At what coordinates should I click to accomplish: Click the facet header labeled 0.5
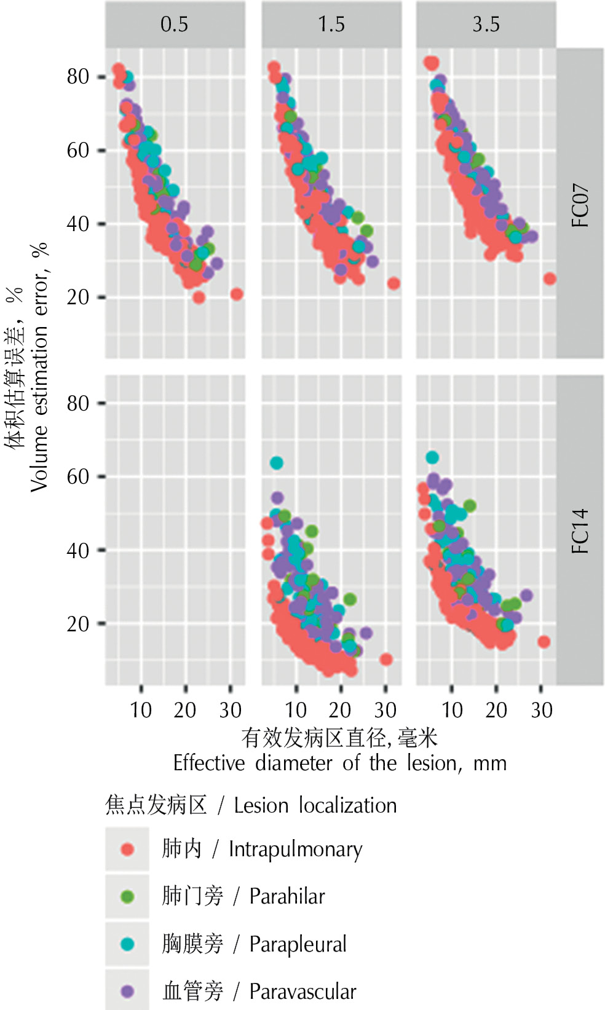point(175,25)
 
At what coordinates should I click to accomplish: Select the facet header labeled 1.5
point(331,25)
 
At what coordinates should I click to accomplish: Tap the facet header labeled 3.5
point(486,25)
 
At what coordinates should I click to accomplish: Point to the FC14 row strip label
point(580,531)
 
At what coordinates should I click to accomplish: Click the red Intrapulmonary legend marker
point(127,850)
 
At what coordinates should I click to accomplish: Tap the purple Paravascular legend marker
point(127,991)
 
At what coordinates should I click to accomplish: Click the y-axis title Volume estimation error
point(38,369)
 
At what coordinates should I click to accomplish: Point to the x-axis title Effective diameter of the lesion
point(339,763)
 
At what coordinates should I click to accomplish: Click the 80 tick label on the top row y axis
point(78,77)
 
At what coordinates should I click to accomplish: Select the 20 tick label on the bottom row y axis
point(78,624)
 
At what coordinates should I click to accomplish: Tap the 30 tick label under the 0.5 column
point(231,711)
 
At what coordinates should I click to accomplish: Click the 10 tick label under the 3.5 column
point(452,711)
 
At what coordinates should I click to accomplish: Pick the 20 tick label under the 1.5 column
point(340,711)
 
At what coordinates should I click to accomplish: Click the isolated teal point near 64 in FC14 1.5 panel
point(277,463)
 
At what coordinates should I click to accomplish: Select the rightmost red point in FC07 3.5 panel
point(550,279)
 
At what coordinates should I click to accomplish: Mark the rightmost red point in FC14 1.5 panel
point(386,660)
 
